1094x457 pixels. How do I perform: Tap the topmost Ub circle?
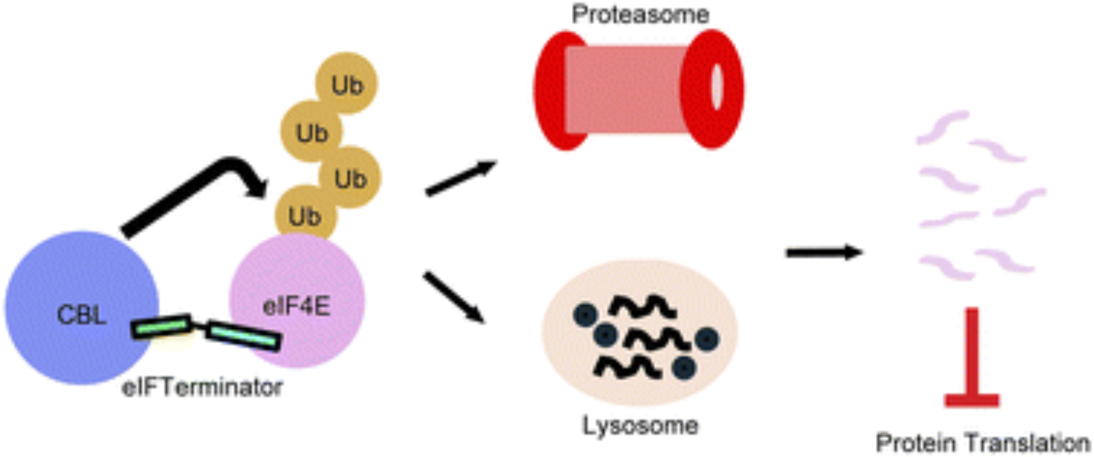(347, 84)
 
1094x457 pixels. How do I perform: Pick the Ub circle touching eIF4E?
(304, 216)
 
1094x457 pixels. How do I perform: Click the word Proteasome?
(641, 15)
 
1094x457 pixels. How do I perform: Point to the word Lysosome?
(641, 426)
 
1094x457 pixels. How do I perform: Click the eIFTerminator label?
(202, 387)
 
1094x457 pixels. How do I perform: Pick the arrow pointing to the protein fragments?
(824, 252)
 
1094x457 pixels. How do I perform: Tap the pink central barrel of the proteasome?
(624, 90)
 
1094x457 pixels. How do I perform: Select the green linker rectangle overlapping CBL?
(162, 327)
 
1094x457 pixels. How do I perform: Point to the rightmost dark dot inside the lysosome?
(707, 339)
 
